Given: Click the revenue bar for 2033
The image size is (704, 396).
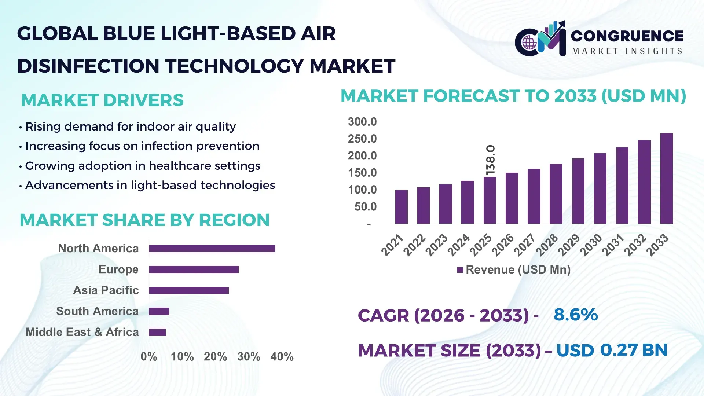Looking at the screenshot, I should pyautogui.click(x=666, y=179).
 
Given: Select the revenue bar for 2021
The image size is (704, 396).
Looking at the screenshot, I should pyautogui.click(x=401, y=207).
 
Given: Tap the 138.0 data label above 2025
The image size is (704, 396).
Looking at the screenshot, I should pyautogui.click(x=490, y=160).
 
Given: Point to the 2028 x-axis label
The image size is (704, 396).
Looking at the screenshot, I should pyautogui.click(x=547, y=245).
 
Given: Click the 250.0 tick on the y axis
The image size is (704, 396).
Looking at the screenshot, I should pyautogui.click(x=362, y=139).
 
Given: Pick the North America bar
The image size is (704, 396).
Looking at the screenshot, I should pyautogui.click(x=212, y=249).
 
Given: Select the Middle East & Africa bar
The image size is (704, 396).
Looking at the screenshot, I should pyautogui.click(x=157, y=332).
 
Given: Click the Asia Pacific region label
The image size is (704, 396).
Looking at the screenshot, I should pyautogui.click(x=106, y=290).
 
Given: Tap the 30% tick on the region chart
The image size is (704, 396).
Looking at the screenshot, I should pyautogui.click(x=249, y=357).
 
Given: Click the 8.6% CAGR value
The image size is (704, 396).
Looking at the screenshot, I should pyautogui.click(x=575, y=315).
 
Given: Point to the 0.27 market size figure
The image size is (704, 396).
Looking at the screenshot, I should pyautogui.click(x=619, y=350).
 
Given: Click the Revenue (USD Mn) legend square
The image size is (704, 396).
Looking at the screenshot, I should pyautogui.click(x=460, y=270).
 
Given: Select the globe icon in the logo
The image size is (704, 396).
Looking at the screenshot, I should pyautogui.click(x=529, y=43).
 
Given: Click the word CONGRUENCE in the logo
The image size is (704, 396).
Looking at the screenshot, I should pyautogui.click(x=627, y=36).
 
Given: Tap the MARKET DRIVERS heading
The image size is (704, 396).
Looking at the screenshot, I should pyautogui.click(x=102, y=100).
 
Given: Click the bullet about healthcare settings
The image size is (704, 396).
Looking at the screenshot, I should pyautogui.click(x=142, y=166).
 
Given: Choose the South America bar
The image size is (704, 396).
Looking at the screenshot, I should pyautogui.click(x=159, y=311).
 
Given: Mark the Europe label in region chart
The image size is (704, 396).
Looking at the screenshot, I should pyautogui.click(x=118, y=269).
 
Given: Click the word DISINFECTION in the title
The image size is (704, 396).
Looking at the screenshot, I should pyautogui.click(x=88, y=66).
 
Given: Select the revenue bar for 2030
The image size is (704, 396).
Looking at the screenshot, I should pyautogui.click(x=600, y=188).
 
